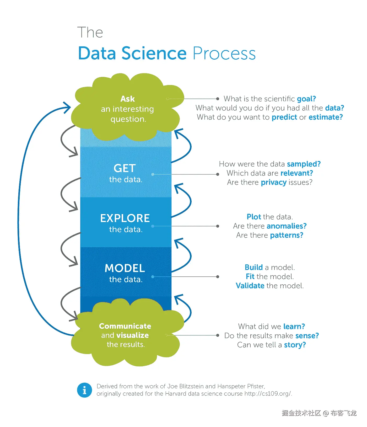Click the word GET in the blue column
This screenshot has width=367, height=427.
coord(125,168)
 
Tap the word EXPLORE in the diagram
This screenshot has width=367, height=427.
coord(125,218)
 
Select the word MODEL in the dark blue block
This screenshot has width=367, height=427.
coord(125,268)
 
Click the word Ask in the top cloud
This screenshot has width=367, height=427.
coord(128,99)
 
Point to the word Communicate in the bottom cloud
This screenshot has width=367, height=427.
coord(125,326)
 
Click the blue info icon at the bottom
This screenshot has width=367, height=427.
coord(84,390)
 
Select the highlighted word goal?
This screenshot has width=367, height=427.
coord(306,99)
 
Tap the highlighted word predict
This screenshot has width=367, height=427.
coord(284,117)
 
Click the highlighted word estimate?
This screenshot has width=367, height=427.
coord(326,117)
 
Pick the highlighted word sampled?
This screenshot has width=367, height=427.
coord(304,164)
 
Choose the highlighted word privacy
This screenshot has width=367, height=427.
coord(273,183)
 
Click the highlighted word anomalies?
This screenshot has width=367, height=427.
coord(287,226)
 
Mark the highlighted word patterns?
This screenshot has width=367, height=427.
coord(287,235)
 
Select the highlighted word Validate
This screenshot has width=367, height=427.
coord(250,286)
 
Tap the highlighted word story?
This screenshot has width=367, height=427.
coord(295,345)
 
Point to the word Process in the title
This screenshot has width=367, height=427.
coord(224,54)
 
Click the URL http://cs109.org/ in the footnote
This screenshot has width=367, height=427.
coord(268,394)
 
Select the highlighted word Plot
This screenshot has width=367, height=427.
coord(254,217)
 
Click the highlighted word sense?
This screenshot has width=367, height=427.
coord(307,336)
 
